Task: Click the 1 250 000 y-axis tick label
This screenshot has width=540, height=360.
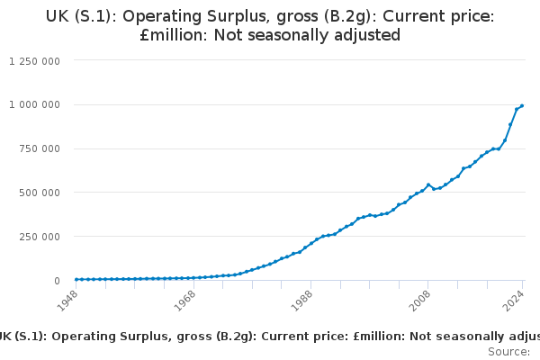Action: pos(34,60)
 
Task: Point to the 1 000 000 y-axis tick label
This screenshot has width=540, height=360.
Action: pos(34,104)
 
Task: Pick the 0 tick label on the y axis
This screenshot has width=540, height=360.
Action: pos(56,281)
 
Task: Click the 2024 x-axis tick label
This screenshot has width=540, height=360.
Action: pos(515,301)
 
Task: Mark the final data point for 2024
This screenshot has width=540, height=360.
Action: pos(522,106)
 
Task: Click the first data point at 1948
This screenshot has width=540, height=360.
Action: pos(76,279)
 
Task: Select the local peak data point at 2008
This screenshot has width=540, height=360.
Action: pos(428,184)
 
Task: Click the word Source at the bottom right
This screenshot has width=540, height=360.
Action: pos(508,351)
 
